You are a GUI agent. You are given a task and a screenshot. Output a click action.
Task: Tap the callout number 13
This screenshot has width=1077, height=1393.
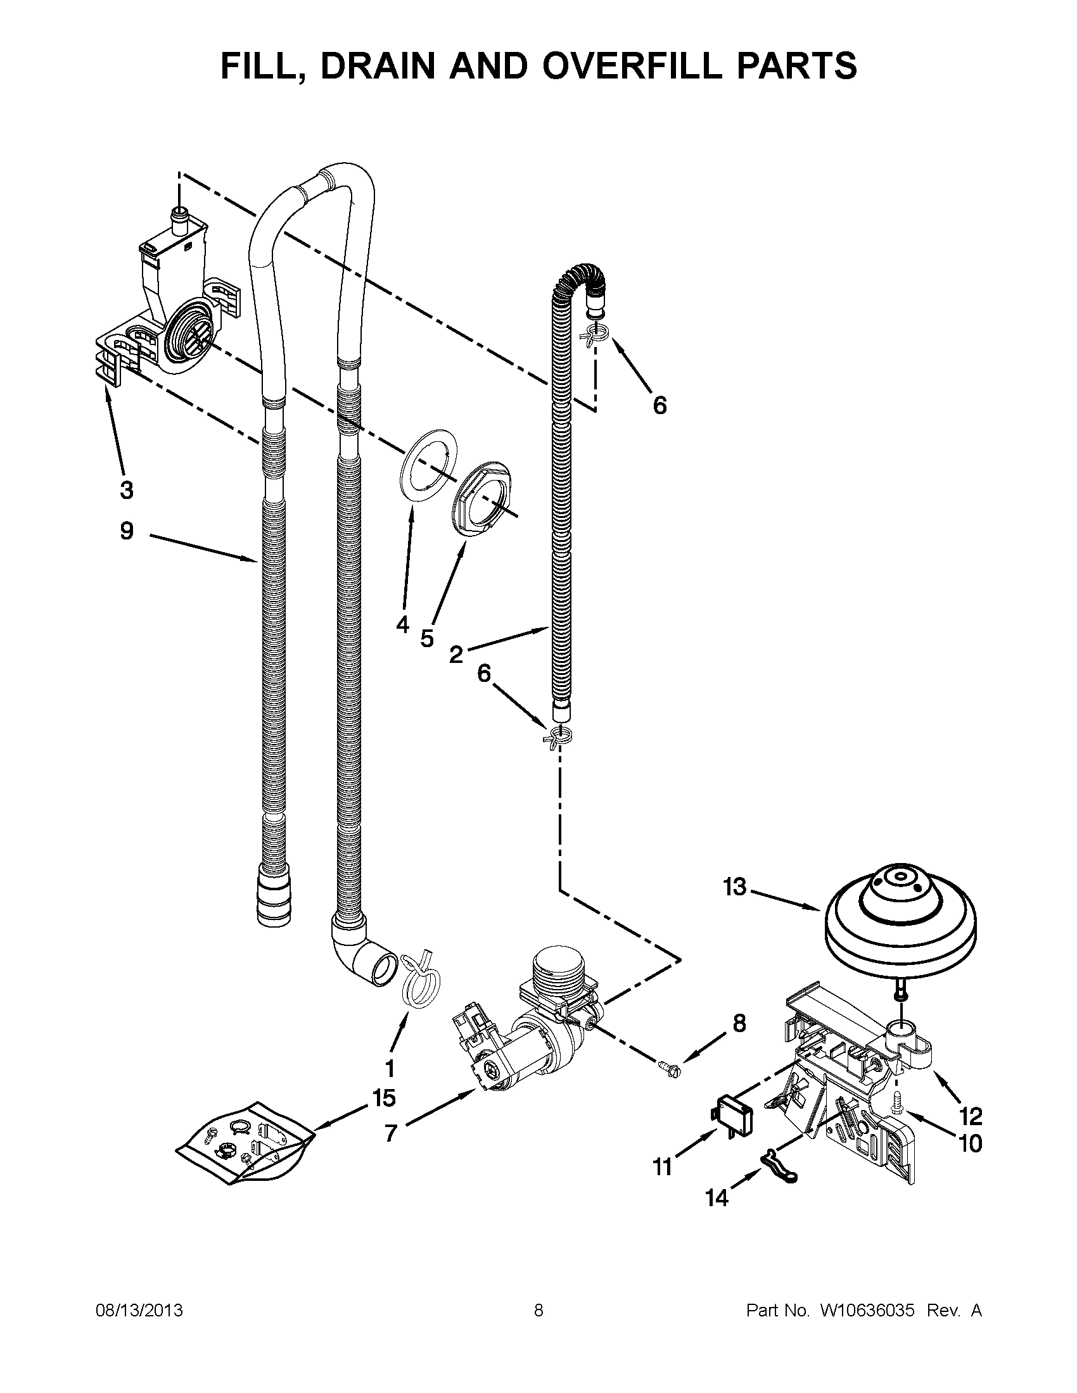(735, 886)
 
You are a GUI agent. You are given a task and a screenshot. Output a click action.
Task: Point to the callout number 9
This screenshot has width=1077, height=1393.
(127, 530)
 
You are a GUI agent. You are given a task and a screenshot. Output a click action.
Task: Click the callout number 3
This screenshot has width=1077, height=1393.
(126, 490)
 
